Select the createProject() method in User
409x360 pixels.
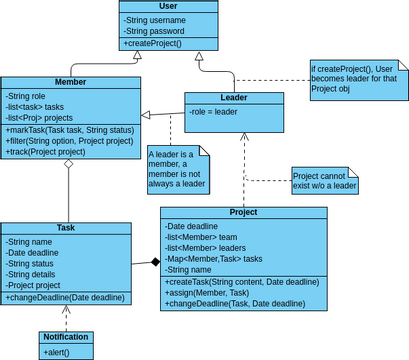152,44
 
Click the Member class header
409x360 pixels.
69,82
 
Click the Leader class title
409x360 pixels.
233,98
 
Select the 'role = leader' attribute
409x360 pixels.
213,112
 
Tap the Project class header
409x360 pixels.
243,212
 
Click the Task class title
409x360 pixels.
66,228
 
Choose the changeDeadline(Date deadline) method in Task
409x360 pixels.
65,298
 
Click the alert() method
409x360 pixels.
56,352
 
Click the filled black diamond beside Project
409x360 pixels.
154,262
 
